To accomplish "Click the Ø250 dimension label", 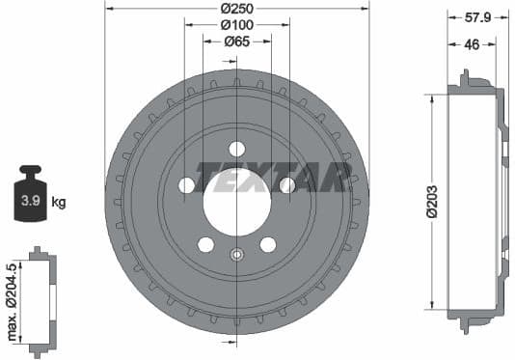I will [x=236, y=8].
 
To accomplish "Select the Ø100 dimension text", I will [x=236, y=24].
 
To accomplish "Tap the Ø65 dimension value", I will [x=236, y=42].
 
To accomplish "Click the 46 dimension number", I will [x=473, y=44].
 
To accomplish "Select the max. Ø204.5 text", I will [x=12, y=300].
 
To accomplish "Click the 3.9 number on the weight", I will [x=30, y=202].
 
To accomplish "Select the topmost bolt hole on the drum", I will [x=236, y=149].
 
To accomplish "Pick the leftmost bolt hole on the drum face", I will [x=186, y=184].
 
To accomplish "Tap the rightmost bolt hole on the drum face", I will [x=286, y=184].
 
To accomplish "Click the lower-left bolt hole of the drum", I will [x=205, y=244].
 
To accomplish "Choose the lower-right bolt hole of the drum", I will [x=267, y=244].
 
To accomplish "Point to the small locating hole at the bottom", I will [x=236, y=255].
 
